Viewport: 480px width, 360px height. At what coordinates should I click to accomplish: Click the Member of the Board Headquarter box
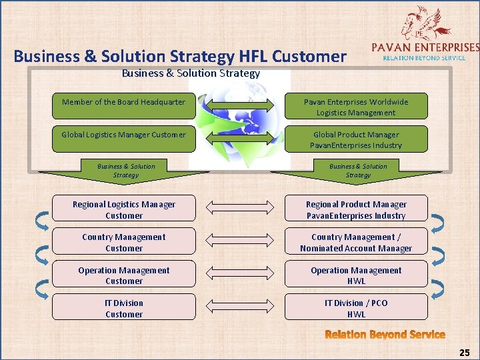click(x=124, y=103)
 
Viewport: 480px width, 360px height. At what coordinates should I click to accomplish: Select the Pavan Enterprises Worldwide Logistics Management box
click(x=356, y=107)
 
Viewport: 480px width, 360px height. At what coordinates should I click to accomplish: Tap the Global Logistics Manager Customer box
click(x=124, y=135)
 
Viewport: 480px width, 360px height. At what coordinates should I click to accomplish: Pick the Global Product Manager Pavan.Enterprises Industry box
click(x=356, y=139)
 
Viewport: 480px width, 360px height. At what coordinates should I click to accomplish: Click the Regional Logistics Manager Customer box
click(x=124, y=209)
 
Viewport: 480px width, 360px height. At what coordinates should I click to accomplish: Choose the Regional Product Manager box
click(x=356, y=209)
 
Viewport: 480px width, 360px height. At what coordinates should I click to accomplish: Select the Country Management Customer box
click(x=124, y=242)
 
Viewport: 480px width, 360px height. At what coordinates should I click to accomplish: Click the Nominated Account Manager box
click(x=356, y=242)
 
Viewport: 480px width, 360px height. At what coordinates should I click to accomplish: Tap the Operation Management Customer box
click(x=124, y=275)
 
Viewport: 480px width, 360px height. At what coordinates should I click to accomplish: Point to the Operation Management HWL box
click(x=356, y=275)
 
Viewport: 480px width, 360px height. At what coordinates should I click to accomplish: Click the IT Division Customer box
click(x=124, y=308)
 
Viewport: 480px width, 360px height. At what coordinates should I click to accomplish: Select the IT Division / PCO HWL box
click(x=356, y=308)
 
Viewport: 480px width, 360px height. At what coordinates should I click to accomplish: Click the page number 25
click(x=464, y=351)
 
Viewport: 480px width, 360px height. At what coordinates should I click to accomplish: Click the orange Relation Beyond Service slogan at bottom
click(x=385, y=335)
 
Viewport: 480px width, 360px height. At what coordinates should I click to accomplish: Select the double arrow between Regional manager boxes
click(x=240, y=208)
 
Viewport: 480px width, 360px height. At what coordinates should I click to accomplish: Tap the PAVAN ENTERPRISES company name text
click(x=424, y=47)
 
